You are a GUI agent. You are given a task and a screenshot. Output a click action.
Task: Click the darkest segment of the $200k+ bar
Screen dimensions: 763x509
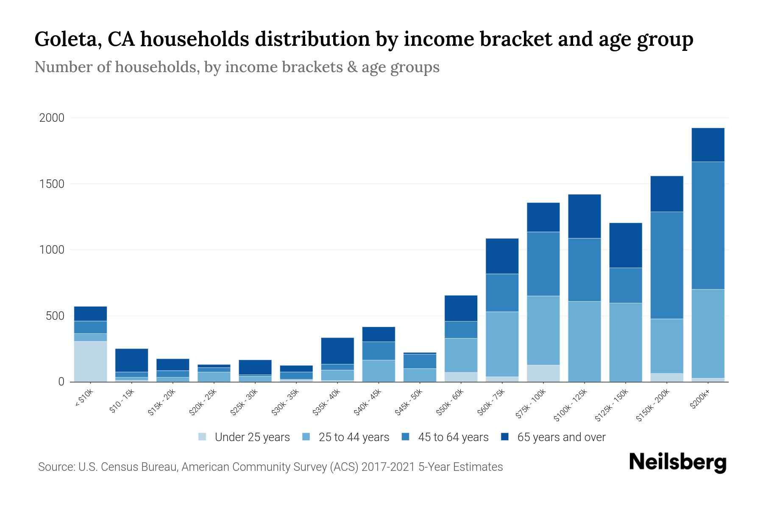point(708,145)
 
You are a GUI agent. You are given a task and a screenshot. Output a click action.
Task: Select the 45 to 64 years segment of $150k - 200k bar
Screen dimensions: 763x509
point(667,265)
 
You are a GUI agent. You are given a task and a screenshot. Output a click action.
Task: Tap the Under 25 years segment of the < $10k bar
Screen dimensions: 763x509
point(90,361)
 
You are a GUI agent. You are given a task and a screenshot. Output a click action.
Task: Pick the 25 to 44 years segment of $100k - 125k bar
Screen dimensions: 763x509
point(585,341)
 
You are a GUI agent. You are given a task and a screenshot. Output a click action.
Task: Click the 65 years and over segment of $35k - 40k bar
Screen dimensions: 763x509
point(337,351)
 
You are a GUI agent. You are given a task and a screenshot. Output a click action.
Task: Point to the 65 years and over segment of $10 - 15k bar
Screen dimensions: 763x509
point(131,360)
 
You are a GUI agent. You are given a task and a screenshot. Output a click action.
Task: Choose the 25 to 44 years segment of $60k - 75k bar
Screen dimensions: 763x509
point(502,344)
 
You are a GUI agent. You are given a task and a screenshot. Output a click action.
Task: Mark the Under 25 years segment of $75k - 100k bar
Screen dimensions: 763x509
point(543,373)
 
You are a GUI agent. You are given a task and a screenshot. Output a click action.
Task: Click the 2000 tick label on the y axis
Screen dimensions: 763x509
point(52,118)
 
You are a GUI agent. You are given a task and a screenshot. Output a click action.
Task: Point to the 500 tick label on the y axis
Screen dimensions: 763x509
point(55,316)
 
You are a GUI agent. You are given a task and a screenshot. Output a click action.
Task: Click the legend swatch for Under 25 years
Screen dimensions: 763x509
point(202,436)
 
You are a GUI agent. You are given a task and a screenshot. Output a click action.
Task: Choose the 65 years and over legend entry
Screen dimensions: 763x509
point(553,437)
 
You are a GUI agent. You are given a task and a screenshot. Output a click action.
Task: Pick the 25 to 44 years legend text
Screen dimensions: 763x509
point(354,437)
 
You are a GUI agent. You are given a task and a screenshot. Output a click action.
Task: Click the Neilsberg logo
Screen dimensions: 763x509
point(678,463)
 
